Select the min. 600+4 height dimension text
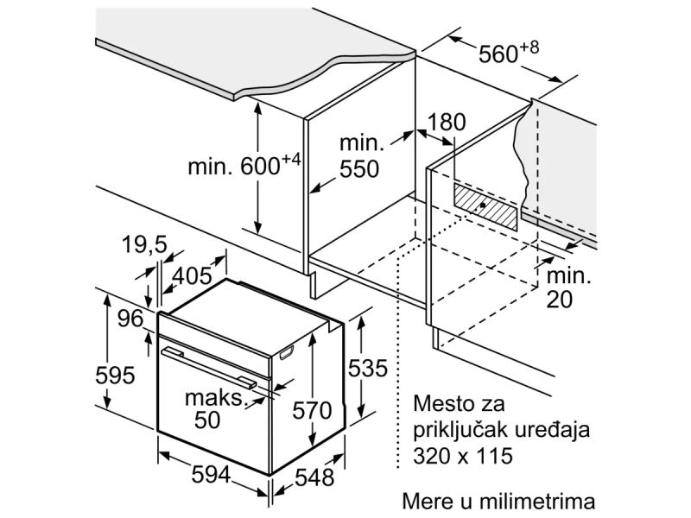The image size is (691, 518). point(243,166)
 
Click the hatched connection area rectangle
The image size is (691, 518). point(487,205)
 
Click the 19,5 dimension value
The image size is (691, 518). point(143,247)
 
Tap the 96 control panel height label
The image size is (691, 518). point(130,319)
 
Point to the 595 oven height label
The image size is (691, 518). point(115,376)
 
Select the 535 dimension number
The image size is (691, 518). point(367,369)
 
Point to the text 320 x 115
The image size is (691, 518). point(463,456)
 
